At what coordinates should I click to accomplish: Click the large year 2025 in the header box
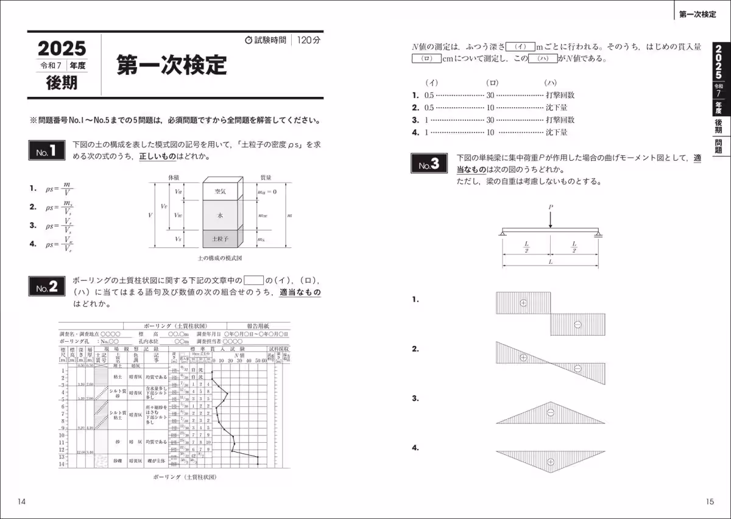pyautogui.click(x=62, y=49)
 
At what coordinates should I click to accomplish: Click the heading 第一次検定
pyautogui.click(x=172, y=65)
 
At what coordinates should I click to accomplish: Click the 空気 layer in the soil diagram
pyautogui.click(x=220, y=191)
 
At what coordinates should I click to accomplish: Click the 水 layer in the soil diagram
pyautogui.click(x=220, y=215)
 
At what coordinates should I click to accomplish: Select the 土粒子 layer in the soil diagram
pyautogui.click(x=220, y=239)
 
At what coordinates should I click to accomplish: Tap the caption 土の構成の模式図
pyautogui.click(x=220, y=258)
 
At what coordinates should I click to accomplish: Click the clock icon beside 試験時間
pyautogui.click(x=248, y=40)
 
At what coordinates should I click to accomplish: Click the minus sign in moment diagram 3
pyautogui.click(x=550, y=412)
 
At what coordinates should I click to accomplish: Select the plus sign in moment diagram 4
pyautogui.click(x=550, y=462)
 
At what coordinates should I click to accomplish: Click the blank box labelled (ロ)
pyautogui.click(x=426, y=59)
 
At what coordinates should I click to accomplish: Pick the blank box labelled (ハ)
pyautogui.click(x=543, y=59)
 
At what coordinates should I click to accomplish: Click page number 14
pyautogui.click(x=22, y=501)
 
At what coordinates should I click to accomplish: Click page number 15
pyautogui.click(x=709, y=501)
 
